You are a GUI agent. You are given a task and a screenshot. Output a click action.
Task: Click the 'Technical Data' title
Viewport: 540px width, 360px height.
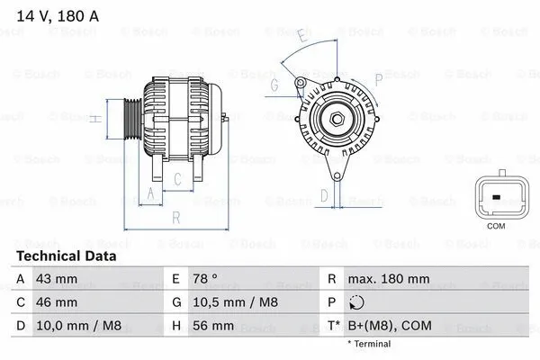pos(67,256)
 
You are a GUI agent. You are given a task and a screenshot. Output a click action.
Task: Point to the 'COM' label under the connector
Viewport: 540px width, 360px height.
pos(495,226)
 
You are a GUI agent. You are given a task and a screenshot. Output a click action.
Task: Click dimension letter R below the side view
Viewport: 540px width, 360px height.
pos(176,217)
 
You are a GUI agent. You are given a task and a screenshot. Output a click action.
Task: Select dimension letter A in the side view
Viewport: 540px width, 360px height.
pos(150,193)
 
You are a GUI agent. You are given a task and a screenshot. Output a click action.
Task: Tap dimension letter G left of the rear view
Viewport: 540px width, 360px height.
pos(274,85)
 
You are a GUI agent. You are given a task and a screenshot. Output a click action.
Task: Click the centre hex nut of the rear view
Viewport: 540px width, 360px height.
pos(334,119)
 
